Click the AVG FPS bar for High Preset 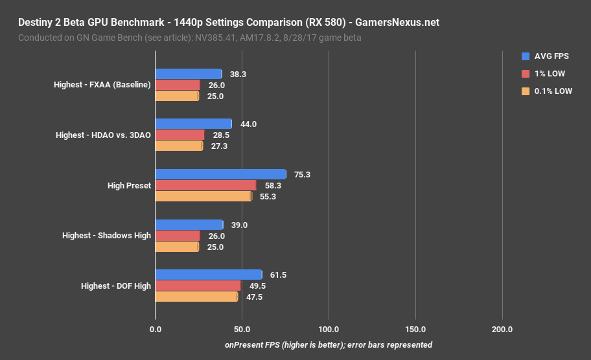[220, 174]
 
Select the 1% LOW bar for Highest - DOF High [198, 286]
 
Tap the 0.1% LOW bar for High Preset [203, 196]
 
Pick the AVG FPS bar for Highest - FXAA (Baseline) [188, 74]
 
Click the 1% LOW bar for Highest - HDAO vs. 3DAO [180, 135]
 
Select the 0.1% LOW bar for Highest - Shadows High [176, 247]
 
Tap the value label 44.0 [249, 124]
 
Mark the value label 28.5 [221, 135]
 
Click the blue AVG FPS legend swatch [526, 56]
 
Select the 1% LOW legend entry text [549, 74]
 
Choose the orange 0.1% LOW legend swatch [526, 91]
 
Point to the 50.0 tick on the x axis [242, 330]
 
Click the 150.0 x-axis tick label [415, 330]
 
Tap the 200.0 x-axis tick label [502, 330]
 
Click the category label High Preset [129, 186]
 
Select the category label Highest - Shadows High [106, 236]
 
